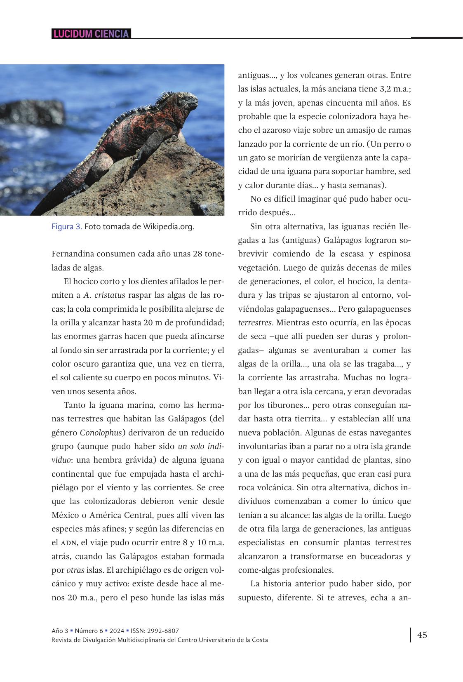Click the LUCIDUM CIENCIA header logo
[91, 34]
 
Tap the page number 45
[422, 635]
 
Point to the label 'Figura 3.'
[67, 227]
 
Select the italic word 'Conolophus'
[101, 433]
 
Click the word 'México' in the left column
[67, 515]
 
